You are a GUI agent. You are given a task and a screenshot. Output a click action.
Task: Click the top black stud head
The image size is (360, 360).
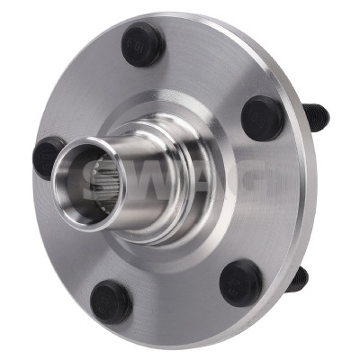click(143, 45)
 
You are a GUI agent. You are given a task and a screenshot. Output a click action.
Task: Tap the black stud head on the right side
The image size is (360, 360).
click(263, 118)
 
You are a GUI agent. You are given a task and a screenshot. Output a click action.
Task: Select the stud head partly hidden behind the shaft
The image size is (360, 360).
click(47, 158)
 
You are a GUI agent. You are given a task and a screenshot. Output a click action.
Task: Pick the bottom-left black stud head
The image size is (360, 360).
click(111, 301)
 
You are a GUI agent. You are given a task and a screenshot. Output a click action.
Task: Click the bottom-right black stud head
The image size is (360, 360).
click(241, 283)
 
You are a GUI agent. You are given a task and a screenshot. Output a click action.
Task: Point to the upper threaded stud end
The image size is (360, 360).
click(316, 115)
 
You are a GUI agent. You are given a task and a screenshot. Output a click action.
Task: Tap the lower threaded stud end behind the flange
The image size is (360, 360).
click(298, 280)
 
